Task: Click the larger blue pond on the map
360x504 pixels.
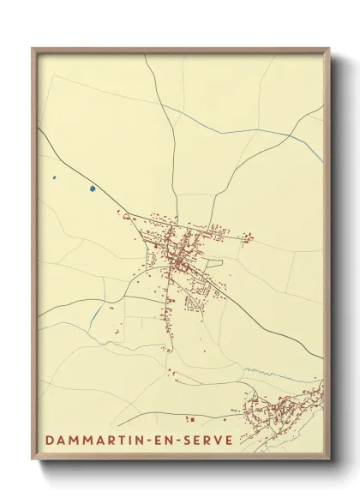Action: click(x=92, y=189)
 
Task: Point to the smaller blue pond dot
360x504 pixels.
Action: click(x=53, y=177)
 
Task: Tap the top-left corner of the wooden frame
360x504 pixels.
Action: click(x=33, y=49)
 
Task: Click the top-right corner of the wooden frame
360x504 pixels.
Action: click(x=328, y=49)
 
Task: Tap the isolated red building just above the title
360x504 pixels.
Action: click(x=192, y=418)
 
